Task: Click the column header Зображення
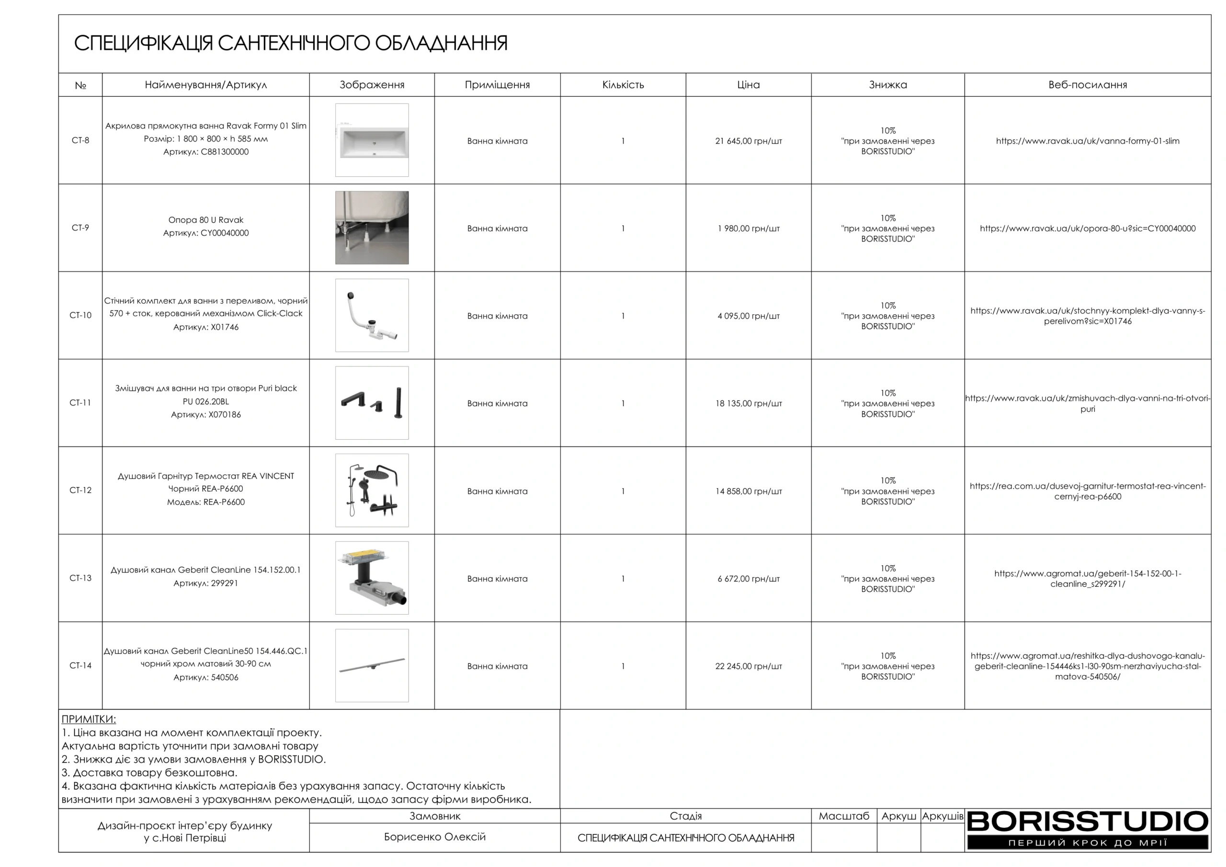pyautogui.click(x=372, y=85)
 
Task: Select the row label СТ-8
pyautogui.click(x=80, y=140)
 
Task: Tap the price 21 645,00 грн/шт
pyautogui.click(x=748, y=141)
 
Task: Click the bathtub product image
pyautogui.click(x=372, y=140)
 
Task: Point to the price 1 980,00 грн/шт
pyautogui.click(x=748, y=228)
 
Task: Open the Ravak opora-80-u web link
pyautogui.click(x=1087, y=228)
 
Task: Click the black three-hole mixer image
pyautogui.click(x=372, y=403)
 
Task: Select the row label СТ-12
pyautogui.click(x=80, y=491)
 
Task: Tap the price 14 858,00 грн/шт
pyautogui.click(x=748, y=491)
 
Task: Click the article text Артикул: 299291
pyautogui.click(x=205, y=583)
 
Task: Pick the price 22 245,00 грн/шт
pyautogui.click(x=748, y=667)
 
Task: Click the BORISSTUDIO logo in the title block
pyautogui.click(x=1087, y=829)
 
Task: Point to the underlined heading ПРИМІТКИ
pyautogui.click(x=89, y=719)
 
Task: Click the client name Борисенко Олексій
pyautogui.click(x=435, y=837)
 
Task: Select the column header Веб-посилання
pyautogui.click(x=1087, y=85)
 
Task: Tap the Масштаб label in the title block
pyautogui.click(x=844, y=816)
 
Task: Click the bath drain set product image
pyautogui.click(x=372, y=316)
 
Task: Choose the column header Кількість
pyautogui.click(x=623, y=85)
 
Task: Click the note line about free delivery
pyautogui.click(x=149, y=773)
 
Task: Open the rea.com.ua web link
pyautogui.click(x=1087, y=491)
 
